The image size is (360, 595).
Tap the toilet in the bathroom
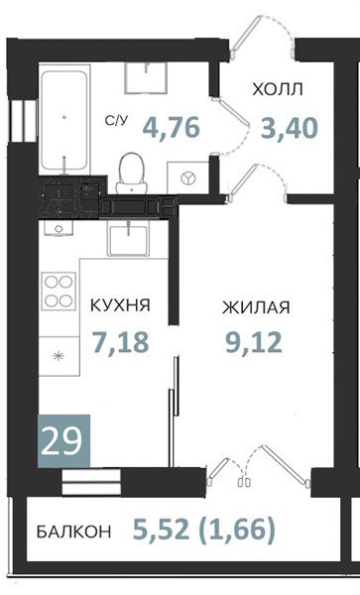[x=132, y=174]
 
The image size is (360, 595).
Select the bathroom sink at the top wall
[x=147, y=77]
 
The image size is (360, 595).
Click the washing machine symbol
[x=187, y=178]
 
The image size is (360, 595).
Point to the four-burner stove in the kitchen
[x=59, y=291]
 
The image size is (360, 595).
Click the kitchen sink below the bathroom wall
[x=128, y=239]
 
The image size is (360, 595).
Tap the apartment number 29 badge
[x=63, y=441]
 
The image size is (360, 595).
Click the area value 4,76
[x=172, y=128]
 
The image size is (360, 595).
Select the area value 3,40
[x=289, y=128]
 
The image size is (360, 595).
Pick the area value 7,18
[x=121, y=341]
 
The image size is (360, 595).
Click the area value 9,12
[x=254, y=342]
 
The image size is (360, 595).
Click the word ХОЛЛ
[x=278, y=90]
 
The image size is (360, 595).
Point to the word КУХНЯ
[x=120, y=305]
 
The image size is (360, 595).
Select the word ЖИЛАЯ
[x=256, y=307]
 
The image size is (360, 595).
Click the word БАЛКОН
[x=74, y=532]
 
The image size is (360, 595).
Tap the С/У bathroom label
[x=117, y=121]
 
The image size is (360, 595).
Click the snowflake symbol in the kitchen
[x=59, y=356]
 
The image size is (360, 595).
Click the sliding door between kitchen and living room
[x=174, y=412]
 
